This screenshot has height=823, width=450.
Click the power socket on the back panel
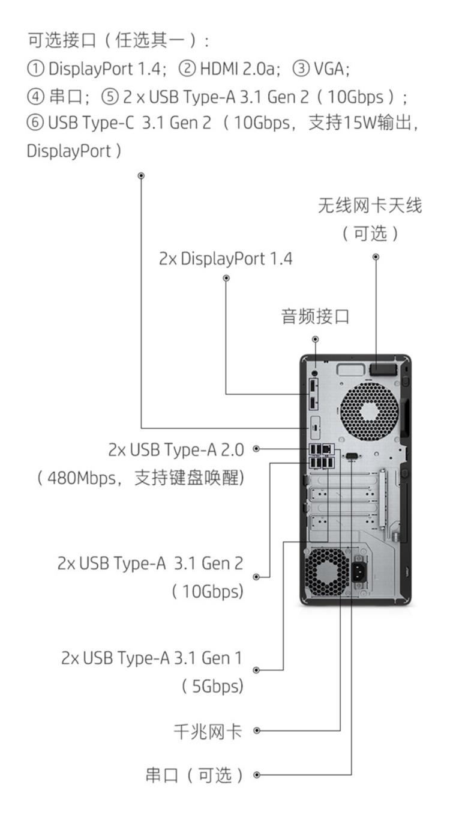tap(359, 572)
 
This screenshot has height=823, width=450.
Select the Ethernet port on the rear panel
tap(328, 449)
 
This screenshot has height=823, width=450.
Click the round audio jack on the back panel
tap(314, 373)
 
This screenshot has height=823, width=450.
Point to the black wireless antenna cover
tap(383, 369)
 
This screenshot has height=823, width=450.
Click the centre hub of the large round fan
tap(369, 411)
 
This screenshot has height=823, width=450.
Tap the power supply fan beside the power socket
tap(326, 572)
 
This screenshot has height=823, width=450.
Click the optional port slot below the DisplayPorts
tap(315, 428)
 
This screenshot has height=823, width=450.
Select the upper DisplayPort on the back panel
tap(313, 386)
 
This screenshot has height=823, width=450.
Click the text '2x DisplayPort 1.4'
tap(226, 259)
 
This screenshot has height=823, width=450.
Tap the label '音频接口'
tap(315, 317)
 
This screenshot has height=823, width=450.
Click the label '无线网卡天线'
tap(370, 205)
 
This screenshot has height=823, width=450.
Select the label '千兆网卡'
tap(208, 731)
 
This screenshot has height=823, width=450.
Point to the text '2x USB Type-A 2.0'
tap(176, 450)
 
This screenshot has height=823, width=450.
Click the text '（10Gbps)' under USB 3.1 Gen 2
tap(207, 592)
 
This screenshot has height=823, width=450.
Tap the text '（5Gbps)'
tap(212, 685)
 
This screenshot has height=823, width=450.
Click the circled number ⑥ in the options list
tap(35, 123)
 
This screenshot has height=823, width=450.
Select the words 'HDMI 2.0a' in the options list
tap(237, 68)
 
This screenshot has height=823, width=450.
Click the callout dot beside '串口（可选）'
tap(257, 774)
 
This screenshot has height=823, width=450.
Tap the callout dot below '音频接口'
tap(315, 339)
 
